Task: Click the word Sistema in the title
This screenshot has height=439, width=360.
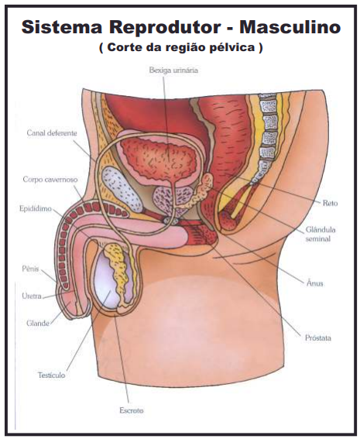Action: click(x=61, y=27)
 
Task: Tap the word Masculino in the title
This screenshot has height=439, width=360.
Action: click(x=290, y=27)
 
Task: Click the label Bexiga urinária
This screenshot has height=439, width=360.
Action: click(x=173, y=70)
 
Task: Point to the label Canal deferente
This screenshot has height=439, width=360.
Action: click(x=52, y=132)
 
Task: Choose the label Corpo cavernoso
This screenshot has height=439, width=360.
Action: click(x=50, y=180)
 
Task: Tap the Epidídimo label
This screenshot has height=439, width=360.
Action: click(x=36, y=209)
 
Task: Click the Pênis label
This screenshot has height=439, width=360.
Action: click(x=30, y=269)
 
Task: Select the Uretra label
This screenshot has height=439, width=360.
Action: click(x=32, y=296)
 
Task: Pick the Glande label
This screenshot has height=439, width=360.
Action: click(x=38, y=324)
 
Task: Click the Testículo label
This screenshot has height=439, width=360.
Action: click(x=52, y=376)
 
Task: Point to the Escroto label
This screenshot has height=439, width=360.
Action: click(x=132, y=410)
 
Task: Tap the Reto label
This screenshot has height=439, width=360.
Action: click(x=330, y=203)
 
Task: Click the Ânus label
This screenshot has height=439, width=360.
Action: click(x=314, y=283)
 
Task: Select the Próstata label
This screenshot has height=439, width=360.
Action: click(x=318, y=338)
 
